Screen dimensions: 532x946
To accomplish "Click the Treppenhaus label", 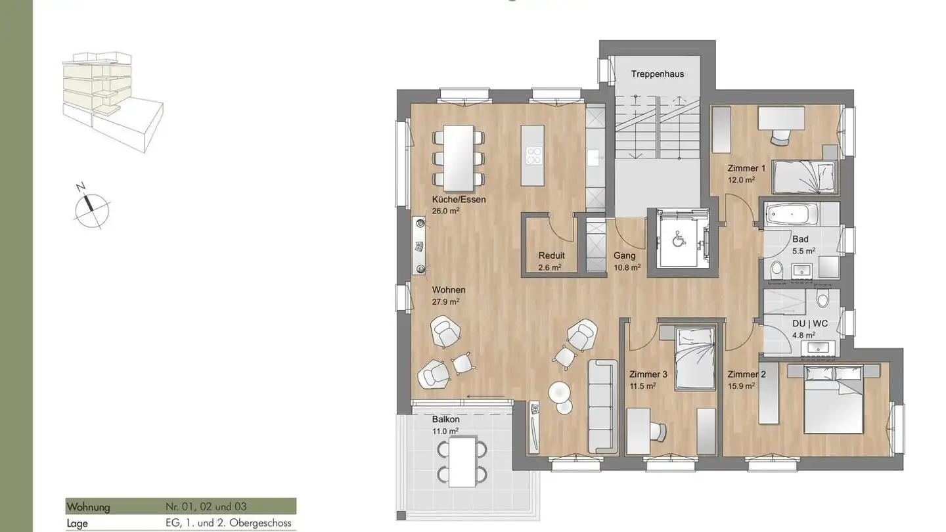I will tap(657, 74).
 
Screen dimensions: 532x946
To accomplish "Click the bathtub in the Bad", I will tap(792, 214).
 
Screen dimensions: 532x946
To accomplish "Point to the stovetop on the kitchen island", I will tap(533, 155).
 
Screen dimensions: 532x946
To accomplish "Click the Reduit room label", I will tap(551, 256).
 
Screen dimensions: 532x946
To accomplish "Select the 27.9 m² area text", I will tap(445, 301).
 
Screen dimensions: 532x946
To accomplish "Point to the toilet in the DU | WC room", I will tap(822, 300).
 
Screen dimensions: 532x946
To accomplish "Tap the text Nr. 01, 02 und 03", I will tap(206, 507).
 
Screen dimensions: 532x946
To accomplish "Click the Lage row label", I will tap(78, 523).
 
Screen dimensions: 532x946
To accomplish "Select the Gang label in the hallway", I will tap(623, 256).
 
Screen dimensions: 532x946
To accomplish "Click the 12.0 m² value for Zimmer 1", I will tap(740, 180).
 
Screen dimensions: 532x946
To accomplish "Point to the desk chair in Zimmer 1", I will tap(780, 136).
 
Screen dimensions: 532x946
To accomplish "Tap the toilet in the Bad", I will tap(777, 269).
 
